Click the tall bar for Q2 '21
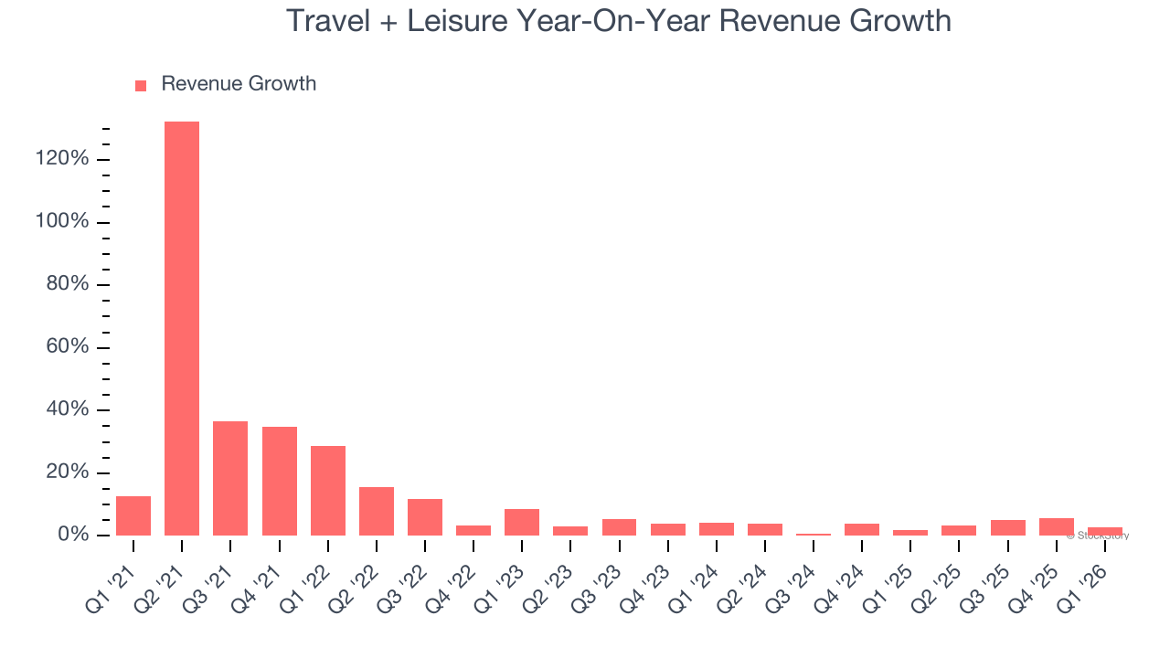tap(182, 328)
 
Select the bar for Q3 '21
tap(230, 478)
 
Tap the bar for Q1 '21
tap(133, 515)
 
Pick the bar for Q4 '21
tap(279, 481)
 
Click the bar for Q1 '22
tap(328, 491)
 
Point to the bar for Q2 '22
tap(377, 511)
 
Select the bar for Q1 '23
tap(522, 522)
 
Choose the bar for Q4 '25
tap(1057, 526)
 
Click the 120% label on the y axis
tap(62, 159)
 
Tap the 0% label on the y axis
tap(72, 535)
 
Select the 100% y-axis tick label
tap(62, 222)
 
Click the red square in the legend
tap(141, 86)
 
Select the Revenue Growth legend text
tap(239, 84)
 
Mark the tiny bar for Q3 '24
tap(814, 534)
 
